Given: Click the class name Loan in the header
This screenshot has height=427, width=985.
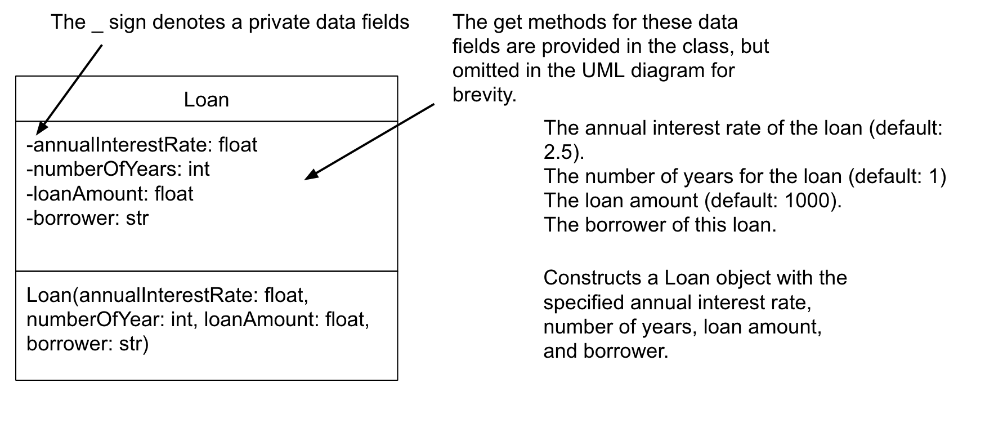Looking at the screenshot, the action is coord(207,100).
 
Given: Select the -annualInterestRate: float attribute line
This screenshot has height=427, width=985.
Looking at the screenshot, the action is coord(142,145).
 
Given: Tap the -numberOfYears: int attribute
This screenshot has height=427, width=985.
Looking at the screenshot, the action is coord(118,169).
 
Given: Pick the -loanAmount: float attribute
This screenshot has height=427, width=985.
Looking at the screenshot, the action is coord(110,193).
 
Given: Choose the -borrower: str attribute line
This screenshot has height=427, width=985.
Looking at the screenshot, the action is coord(87,217).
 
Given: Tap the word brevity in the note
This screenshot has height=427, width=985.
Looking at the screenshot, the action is coord(484,95).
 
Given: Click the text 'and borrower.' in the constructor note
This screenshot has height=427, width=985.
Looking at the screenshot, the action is coord(606,351).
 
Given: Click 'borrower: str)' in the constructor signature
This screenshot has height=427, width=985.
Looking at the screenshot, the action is coord(87,344).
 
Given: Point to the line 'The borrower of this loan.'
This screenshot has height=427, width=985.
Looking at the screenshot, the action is coord(660,225).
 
